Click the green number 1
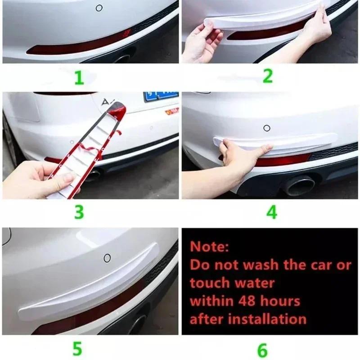pos(79,78)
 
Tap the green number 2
pos(268,76)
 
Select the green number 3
pos(79,211)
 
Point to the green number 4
pos(271,212)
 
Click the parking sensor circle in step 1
pos(99,8)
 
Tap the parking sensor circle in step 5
pos(107,258)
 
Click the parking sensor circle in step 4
pos(266,128)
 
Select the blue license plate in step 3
pos(161,96)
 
